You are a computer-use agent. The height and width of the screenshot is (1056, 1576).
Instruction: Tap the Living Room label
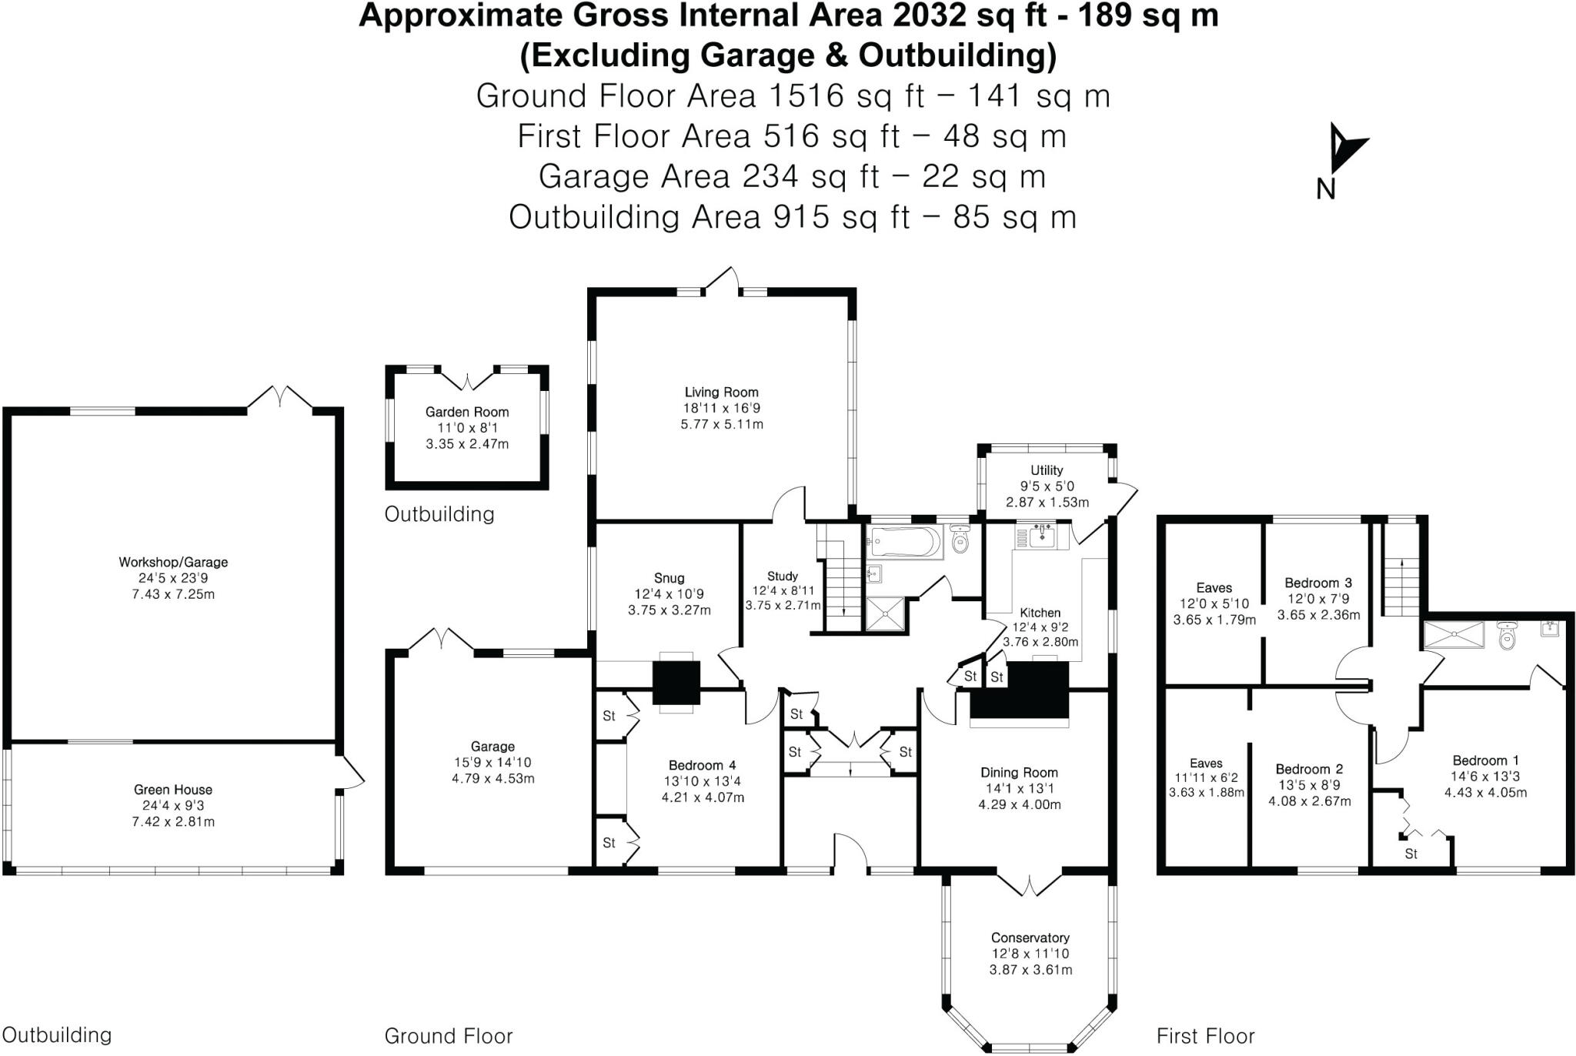point(721,393)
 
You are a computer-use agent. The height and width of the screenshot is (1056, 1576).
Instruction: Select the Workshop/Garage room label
point(173,563)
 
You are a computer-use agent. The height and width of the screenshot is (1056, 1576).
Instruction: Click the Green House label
point(173,790)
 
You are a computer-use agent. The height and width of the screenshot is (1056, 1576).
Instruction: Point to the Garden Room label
point(467,413)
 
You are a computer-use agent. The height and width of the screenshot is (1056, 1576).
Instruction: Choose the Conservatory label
point(1030,937)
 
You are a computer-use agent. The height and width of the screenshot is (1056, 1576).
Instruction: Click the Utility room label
point(1047,470)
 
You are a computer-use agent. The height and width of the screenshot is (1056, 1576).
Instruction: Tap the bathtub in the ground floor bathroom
point(904,542)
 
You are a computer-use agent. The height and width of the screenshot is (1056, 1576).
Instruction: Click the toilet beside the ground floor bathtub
point(960,541)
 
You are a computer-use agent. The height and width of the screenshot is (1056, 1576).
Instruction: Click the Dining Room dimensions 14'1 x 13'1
point(1019,788)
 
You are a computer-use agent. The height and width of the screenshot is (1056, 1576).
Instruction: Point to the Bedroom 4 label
point(702,765)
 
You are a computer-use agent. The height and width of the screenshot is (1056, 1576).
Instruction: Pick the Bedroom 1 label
point(1485,760)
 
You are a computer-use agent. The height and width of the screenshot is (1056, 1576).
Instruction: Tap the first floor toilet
point(1508,636)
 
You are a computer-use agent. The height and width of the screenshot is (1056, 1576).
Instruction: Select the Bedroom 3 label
point(1318,583)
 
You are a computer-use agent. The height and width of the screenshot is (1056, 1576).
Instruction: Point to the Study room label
point(783,576)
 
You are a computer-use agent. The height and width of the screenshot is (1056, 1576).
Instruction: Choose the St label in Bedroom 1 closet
point(1411,854)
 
